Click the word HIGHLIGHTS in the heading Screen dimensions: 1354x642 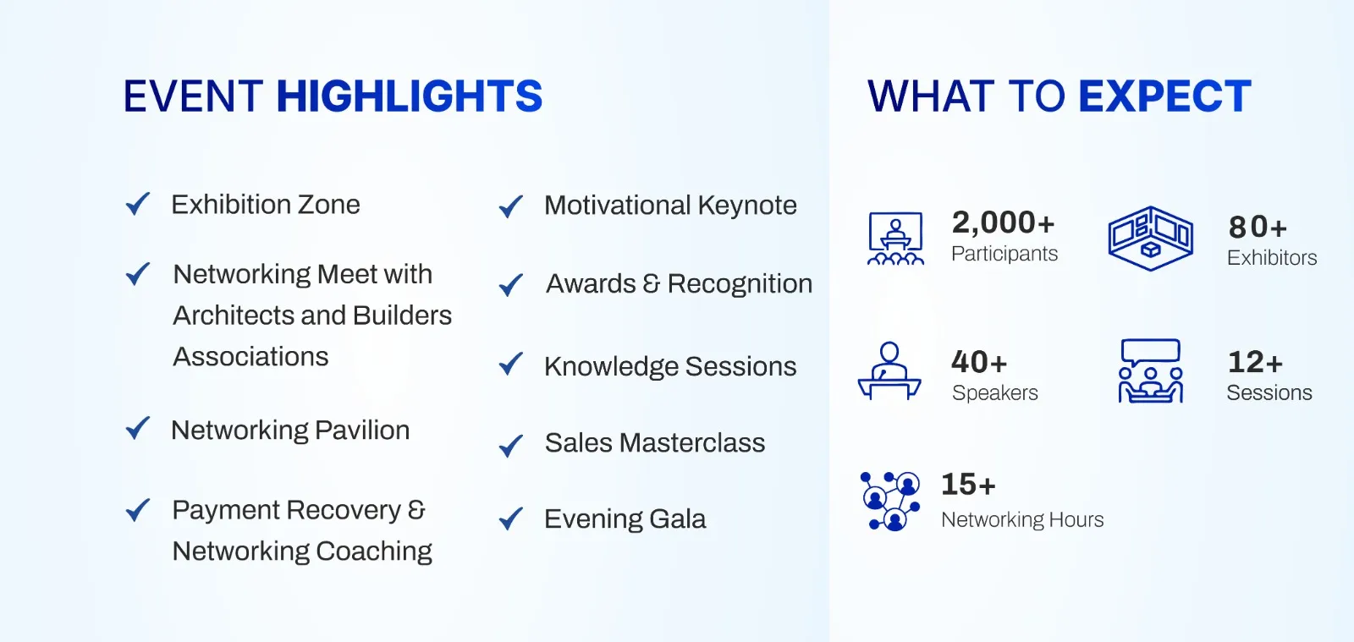click(410, 96)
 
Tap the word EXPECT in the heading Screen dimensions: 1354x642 click(1164, 96)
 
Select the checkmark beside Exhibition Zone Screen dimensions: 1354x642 click(138, 204)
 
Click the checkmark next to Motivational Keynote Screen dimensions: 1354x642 click(511, 206)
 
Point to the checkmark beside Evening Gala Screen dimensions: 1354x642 click(511, 519)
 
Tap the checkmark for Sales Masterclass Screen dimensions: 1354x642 click(511, 446)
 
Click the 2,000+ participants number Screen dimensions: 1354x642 click(1003, 222)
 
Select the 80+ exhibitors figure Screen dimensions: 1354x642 click(1258, 227)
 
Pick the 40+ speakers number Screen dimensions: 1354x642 click(979, 362)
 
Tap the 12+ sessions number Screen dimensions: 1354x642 click(1255, 362)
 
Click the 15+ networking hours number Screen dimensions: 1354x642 click(968, 485)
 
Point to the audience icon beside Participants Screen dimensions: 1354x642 click(896, 239)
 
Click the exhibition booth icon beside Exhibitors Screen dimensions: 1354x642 click(1150, 238)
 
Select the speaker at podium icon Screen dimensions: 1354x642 click(889, 370)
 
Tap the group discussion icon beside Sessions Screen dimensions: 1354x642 click(1150, 370)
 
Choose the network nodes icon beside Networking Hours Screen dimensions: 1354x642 click(890, 502)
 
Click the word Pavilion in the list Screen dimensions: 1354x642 click(362, 431)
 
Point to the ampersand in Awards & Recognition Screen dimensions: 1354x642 click(652, 283)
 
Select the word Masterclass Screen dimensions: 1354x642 click(692, 442)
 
